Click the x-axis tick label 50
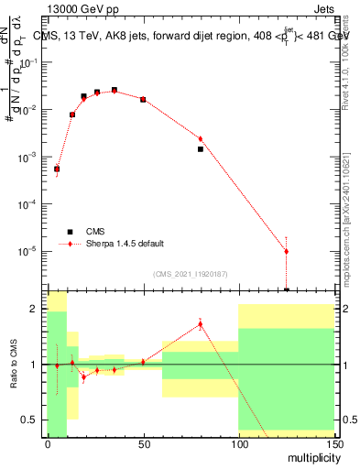tap(143, 443)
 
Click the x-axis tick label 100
tap(238, 443)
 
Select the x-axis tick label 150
tap(333, 443)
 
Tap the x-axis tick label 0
tap(48, 443)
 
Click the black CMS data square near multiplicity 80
tap(200, 148)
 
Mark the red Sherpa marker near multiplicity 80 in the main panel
tap(200, 139)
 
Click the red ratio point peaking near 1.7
tap(200, 322)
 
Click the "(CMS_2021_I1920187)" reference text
tap(191, 274)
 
